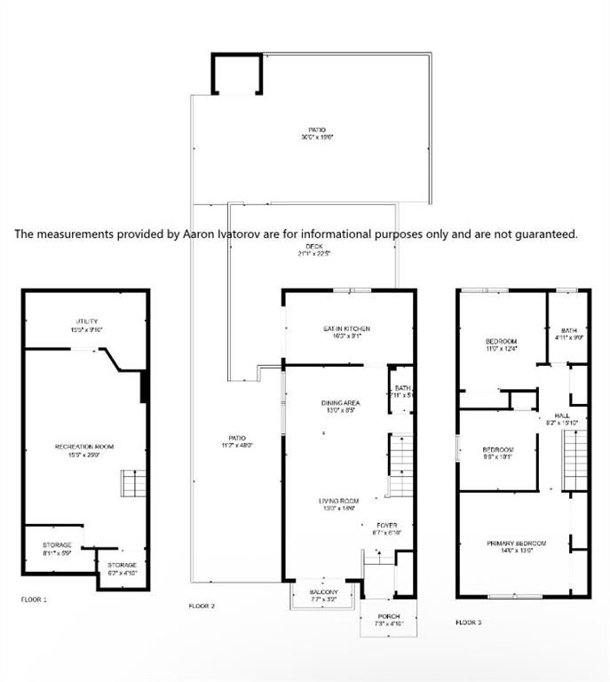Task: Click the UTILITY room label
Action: coord(86,321)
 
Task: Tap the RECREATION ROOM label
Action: coord(84,447)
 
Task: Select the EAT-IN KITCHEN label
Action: coord(346,329)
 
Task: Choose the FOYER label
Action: coord(384,524)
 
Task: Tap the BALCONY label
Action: coord(324,592)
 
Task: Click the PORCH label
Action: coord(389,616)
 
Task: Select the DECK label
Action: coord(314,246)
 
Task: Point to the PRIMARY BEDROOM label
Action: coord(515,543)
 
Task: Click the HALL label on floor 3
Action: coord(561,415)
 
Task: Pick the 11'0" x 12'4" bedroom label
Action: coord(501,342)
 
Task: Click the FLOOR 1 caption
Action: coord(34,599)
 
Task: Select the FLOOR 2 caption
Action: coord(202,606)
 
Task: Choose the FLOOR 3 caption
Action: coord(469,623)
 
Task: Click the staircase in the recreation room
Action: coord(133,484)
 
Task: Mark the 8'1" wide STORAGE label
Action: coord(57,545)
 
